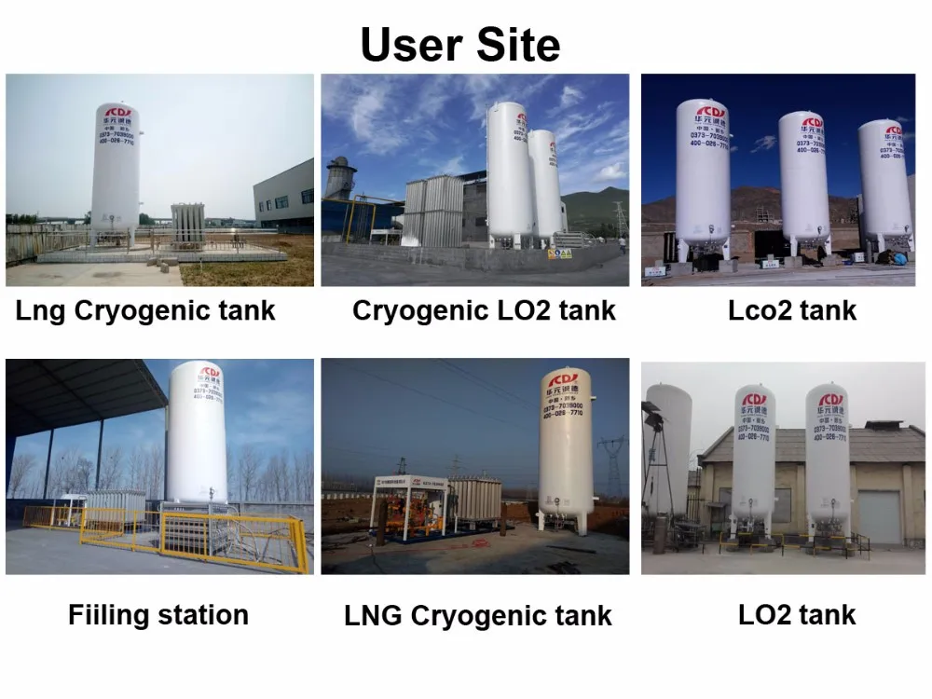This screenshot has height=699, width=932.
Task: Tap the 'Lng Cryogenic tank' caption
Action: click(x=145, y=310)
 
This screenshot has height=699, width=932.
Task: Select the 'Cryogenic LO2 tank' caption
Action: click(x=484, y=310)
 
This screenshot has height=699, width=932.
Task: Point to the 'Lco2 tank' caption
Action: click(x=791, y=310)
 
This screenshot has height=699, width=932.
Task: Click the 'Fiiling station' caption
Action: click(x=158, y=615)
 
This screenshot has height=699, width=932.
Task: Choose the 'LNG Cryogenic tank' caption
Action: click(x=478, y=615)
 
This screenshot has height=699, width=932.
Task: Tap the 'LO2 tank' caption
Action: click(x=796, y=614)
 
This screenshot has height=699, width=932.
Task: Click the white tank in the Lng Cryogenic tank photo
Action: click(x=115, y=172)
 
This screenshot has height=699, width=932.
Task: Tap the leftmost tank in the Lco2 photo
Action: click(x=702, y=177)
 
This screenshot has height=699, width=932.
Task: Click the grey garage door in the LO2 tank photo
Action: click(x=879, y=516)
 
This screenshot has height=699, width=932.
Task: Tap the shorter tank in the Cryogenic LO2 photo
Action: click(x=545, y=186)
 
